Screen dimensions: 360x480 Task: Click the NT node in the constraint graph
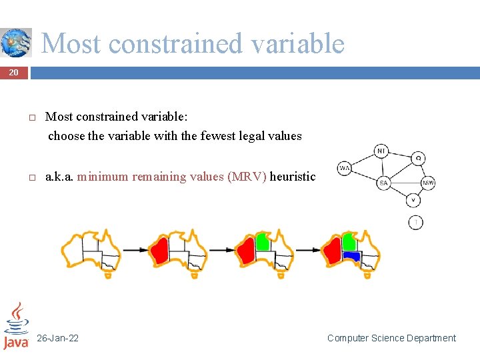tap(381, 151)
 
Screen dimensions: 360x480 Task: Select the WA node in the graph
tap(344, 169)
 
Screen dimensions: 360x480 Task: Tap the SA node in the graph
tap(383, 182)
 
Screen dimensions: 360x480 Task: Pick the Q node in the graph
tap(417, 159)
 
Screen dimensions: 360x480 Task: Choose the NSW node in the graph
tap(428, 183)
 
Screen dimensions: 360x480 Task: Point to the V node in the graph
tap(413, 199)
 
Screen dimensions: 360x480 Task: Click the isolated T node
tap(415, 222)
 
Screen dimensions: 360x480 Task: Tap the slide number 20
tap(13, 72)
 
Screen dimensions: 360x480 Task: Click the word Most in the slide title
tap(71, 44)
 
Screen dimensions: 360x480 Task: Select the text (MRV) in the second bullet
tap(247, 177)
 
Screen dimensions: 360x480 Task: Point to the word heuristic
tap(293, 177)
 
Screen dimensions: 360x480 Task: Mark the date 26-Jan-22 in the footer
tap(57, 338)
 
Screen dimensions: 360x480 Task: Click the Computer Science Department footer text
tap(391, 338)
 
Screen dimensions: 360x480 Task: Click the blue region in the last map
tap(351, 256)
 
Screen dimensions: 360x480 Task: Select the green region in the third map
tap(263, 242)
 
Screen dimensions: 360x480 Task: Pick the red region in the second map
tap(159, 251)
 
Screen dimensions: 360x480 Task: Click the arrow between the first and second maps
tap(134, 250)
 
